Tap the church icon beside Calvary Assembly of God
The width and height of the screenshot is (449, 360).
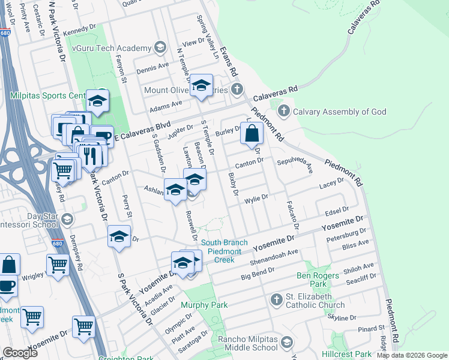point(284,112)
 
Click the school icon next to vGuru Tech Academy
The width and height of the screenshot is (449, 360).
point(160,47)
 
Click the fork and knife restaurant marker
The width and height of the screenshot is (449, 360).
point(91,155)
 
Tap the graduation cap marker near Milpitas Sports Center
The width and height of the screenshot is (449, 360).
point(97,102)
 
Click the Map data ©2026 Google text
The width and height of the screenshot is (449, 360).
point(412,355)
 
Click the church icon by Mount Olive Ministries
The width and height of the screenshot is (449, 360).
point(237,91)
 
